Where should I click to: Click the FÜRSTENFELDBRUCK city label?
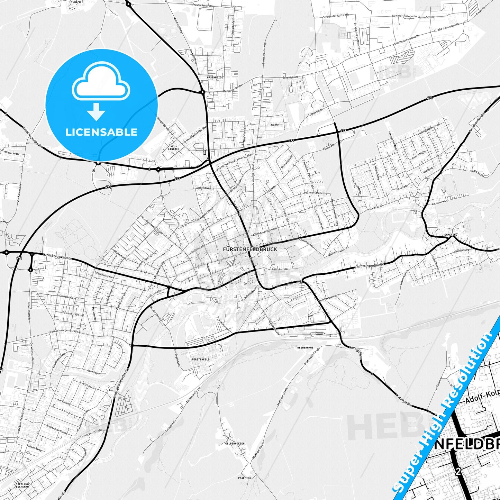point(250,249)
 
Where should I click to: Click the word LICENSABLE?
point(101,132)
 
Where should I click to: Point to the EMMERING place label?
point(451,235)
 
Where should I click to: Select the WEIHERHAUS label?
point(305,347)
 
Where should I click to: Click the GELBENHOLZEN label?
point(235,443)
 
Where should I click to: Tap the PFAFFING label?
point(244,478)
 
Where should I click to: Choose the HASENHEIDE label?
point(215,78)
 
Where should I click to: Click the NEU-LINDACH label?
point(174,148)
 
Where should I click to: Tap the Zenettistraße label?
point(290,77)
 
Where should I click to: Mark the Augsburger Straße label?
point(32,137)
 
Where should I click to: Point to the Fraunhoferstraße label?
point(208,6)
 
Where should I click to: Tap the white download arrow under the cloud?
point(96,112)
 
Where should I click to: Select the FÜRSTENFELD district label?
point(200,360)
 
